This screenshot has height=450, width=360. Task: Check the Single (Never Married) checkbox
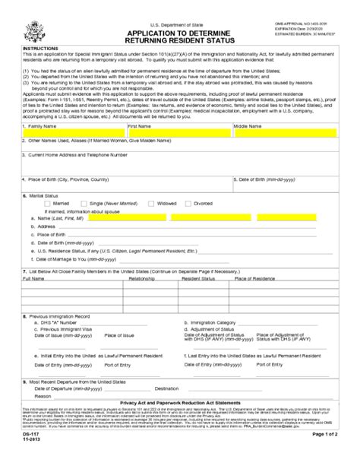pos(86,204)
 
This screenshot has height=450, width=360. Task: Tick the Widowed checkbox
pos(151,204)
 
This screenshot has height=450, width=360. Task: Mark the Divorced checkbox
pos(191,204)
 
